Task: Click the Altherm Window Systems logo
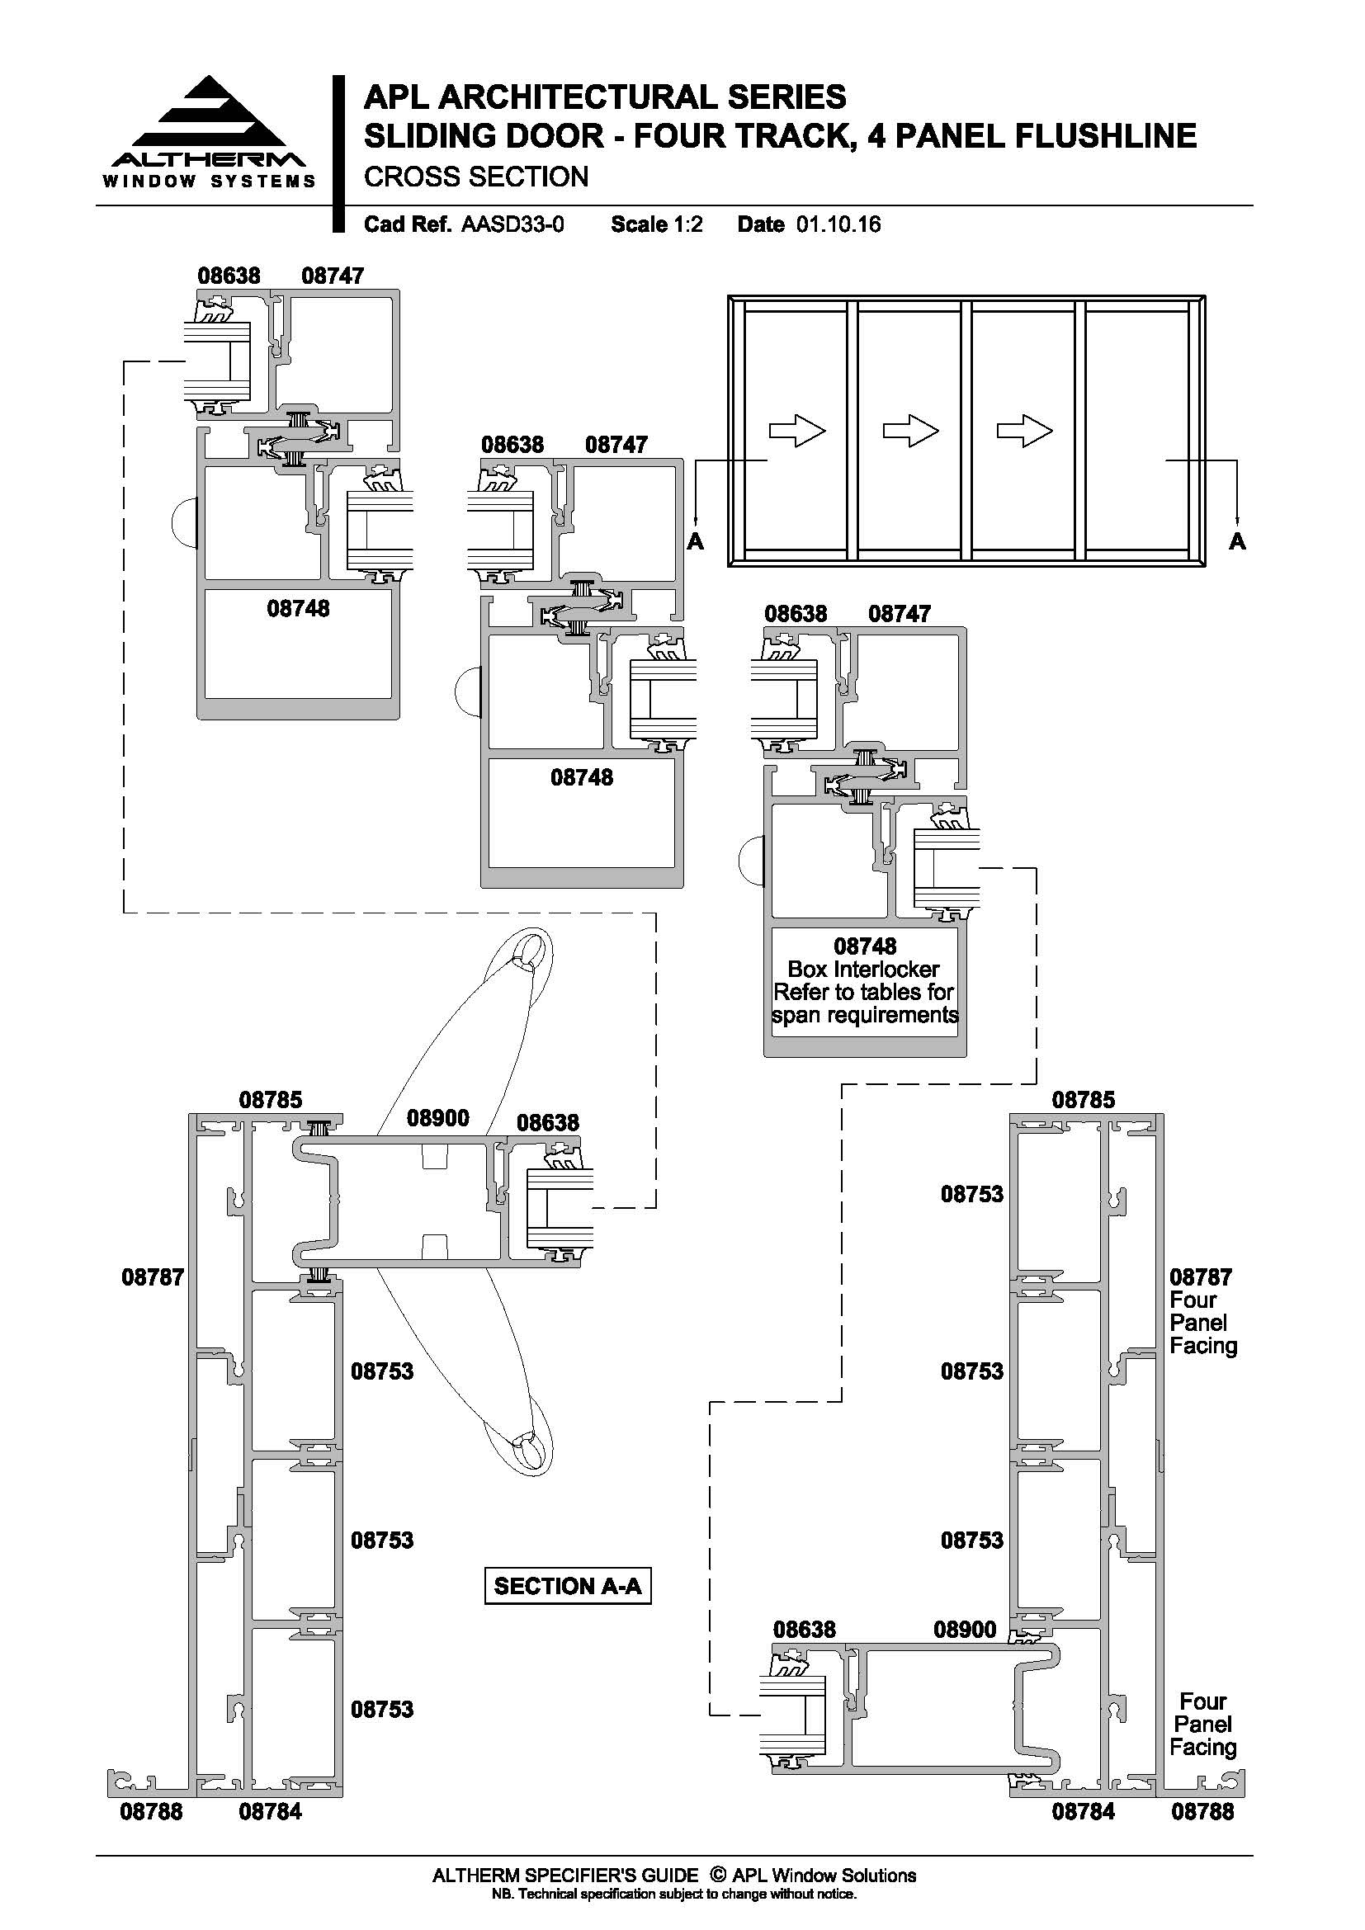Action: tap(210, 133)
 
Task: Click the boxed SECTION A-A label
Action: tap(567, 1586)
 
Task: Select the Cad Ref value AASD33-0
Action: tap(512, 224)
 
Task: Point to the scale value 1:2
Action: tap(687, 224)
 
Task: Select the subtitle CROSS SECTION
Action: tap(475, 177)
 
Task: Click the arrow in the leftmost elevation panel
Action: tap(798, 432)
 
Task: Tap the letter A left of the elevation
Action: tap(695, 540)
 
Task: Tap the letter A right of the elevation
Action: tap(1236, 540)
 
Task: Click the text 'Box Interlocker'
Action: tap(863, 970)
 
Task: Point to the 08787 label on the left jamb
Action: tap(153, 1276)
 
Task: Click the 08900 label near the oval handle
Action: tap(438, 1118)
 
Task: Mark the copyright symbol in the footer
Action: tap(718, 1875)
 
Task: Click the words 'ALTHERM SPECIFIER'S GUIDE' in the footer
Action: tap(564, 1876)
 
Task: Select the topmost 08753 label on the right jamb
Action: tap(971, 1194)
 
